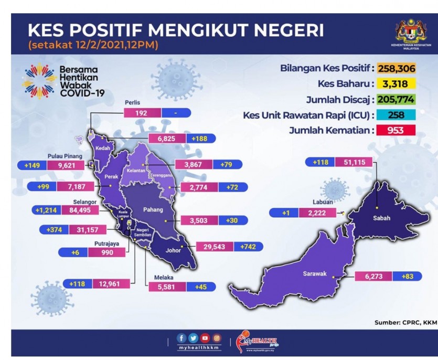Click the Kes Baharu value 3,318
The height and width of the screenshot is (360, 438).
(396, 84)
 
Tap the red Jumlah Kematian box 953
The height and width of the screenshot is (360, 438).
(396, 130)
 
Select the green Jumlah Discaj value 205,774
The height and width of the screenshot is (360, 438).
(396, 100)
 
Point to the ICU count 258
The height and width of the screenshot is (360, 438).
(396, 115)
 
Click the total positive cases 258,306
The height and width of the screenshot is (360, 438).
(397, 68)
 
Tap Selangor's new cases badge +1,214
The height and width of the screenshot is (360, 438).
(47, 210)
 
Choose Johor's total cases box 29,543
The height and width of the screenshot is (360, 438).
(215, 247)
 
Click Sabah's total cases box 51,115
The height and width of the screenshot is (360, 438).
(354, 162)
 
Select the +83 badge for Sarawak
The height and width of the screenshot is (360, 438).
(407, 277)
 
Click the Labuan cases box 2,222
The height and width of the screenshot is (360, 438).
(317, 213)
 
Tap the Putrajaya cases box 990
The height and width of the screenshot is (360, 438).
(106, 252)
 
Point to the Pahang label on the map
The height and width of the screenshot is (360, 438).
(153, 209)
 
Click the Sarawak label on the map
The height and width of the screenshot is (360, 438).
(315, 273)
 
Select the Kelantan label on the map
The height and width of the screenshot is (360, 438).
(136, 171)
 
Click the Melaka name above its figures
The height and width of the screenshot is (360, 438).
(164, 278)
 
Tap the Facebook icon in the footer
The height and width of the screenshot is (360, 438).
(181, 338)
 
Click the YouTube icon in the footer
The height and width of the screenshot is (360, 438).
(205, 338)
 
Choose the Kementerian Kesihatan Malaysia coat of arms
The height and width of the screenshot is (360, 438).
(411, 31)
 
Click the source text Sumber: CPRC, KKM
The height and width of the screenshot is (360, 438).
(406, 323)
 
